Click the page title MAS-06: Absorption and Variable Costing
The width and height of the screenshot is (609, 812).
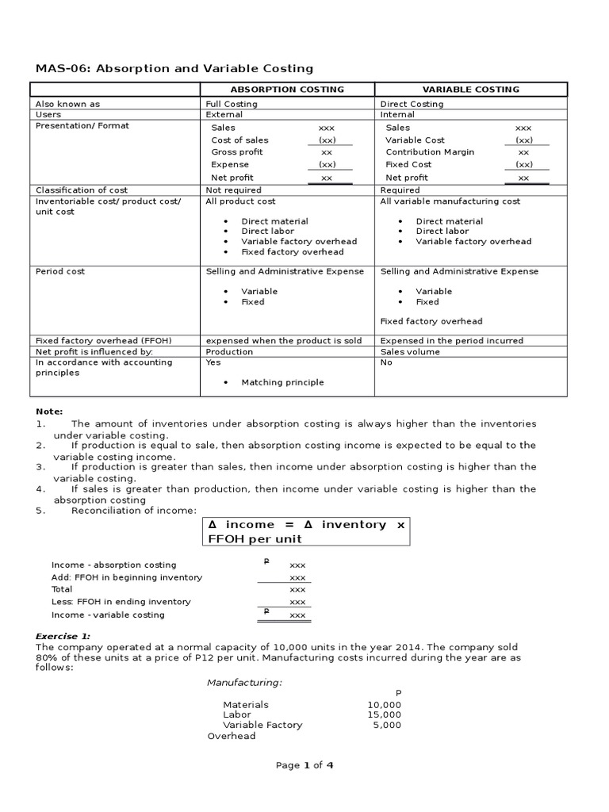click(174, 69)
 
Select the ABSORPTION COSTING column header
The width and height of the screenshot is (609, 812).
click(287, 90)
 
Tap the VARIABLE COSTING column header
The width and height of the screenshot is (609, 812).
click(470, 90)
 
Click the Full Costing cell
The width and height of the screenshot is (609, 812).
click(232, 104)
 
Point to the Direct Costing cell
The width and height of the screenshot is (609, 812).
click(412, 104)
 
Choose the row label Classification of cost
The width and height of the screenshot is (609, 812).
click(82, 190)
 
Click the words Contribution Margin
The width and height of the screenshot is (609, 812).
click(430, 152)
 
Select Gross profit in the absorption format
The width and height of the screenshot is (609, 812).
click(237, 152)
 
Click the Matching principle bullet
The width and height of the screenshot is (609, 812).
click(282, 382)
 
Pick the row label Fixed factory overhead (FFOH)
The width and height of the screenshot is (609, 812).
click(104, 341)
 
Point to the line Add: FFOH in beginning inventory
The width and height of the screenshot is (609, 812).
click(126, 577)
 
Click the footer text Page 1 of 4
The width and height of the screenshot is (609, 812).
click(304, 765)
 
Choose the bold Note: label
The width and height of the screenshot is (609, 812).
click(48, 412)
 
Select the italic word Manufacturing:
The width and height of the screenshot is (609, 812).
click(244, 683)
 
